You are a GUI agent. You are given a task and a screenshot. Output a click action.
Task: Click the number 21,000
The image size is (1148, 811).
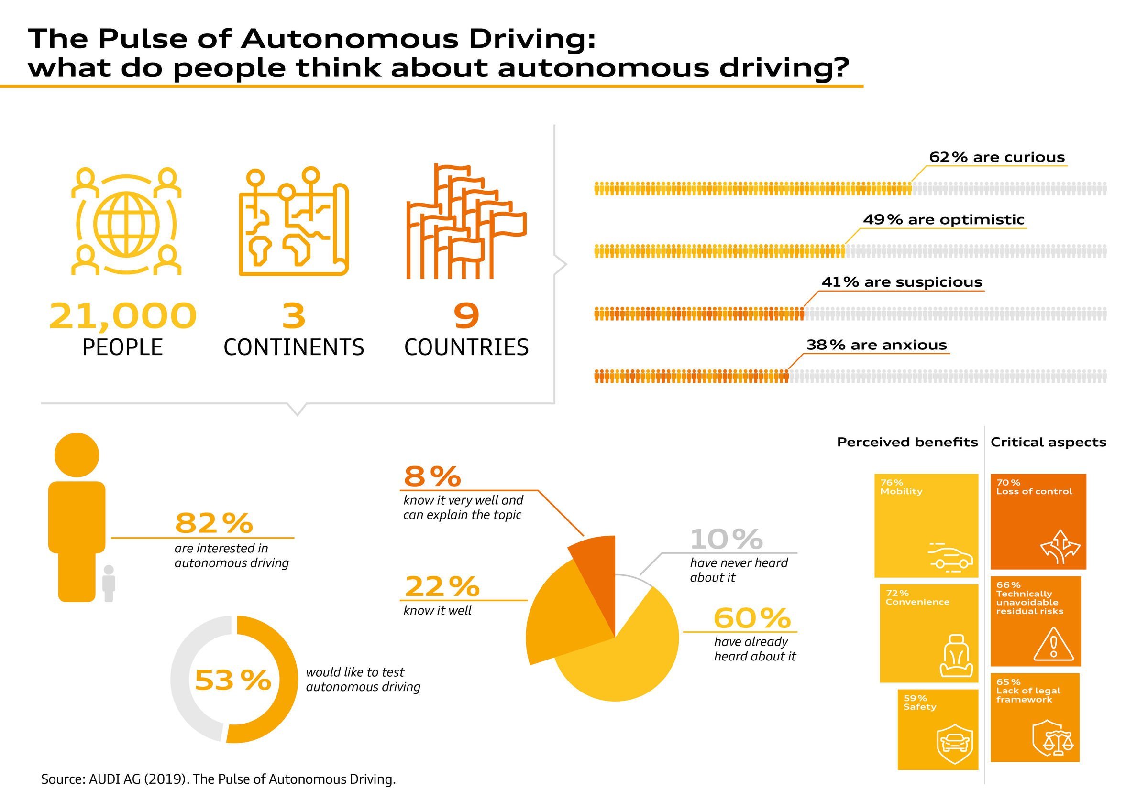click(123, 316)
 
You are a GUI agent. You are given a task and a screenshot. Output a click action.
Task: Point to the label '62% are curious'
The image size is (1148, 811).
click(996, 157)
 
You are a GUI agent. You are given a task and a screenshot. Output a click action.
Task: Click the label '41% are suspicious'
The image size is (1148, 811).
click(902, 282)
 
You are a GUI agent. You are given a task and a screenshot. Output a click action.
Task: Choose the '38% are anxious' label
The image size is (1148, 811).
click(876, 346)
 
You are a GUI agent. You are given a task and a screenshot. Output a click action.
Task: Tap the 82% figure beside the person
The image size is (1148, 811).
click(214, 523)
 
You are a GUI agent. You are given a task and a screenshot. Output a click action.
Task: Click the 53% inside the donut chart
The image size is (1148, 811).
click(233, 680)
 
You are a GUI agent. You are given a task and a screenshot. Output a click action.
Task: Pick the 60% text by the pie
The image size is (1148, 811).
click(752, 618)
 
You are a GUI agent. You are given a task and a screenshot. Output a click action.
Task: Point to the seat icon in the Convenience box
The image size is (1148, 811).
click(956, 656)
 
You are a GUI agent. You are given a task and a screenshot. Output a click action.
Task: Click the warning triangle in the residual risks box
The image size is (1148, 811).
click(1053, 646)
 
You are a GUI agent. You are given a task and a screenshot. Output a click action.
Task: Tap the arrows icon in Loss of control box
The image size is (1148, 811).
click(1060, 547)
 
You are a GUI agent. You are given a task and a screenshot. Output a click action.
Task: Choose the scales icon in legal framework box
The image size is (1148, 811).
click(1052, 738)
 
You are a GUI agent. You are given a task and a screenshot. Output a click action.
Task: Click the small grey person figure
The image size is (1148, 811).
click(109, 583)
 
